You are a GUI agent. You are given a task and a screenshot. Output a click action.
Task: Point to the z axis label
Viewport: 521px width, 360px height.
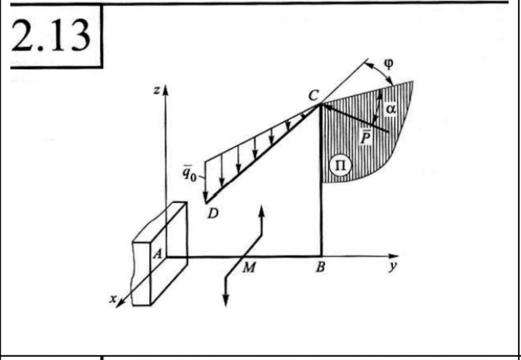(157, 92)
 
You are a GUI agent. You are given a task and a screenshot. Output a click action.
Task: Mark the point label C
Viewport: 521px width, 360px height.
(312, 95)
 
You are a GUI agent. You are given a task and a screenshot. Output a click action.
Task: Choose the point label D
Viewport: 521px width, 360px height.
(212, 215)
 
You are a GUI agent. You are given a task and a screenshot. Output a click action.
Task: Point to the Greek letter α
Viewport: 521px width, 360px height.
(390, 110)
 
